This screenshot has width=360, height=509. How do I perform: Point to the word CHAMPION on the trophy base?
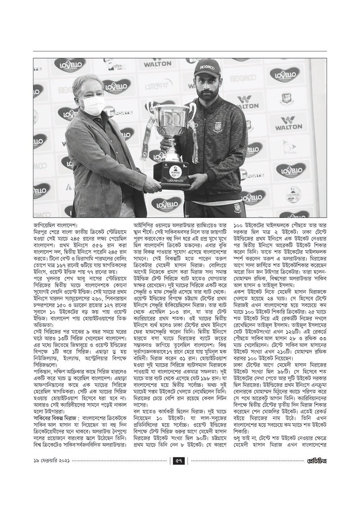click(175, 181)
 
